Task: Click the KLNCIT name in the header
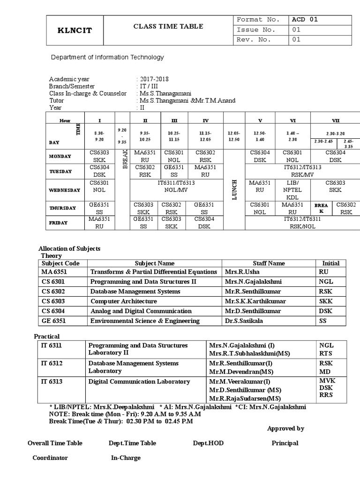point(75,31)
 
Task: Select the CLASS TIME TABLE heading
point(169,27)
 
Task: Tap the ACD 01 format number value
point(305,20)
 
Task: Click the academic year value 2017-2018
point(154,79)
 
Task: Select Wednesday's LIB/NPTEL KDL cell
point(292,190)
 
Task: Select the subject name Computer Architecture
point(123,301)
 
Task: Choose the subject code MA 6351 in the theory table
point(54,272)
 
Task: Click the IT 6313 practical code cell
point(52,382)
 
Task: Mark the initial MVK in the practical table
point(326,381)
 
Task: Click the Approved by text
point(285,428)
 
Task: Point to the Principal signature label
point(285,443)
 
